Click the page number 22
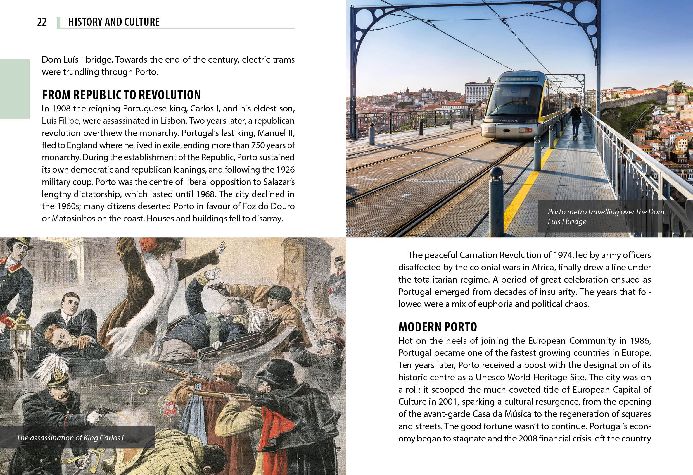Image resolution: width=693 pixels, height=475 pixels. pyautogui.click(x=42, y=22)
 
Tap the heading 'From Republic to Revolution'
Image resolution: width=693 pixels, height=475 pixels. pyautogui.click(x=121, y=95)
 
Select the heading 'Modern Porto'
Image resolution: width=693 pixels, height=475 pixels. pyautogui.click(x=437, y=327)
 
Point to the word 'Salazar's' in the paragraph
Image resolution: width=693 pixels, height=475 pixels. pyautogui.click(x=279, y=182)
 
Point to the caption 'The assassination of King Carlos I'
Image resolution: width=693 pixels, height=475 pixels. pyautogui.click(x=70, y=438)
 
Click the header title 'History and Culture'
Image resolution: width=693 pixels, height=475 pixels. pyautogui.click(x=114, y=22)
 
